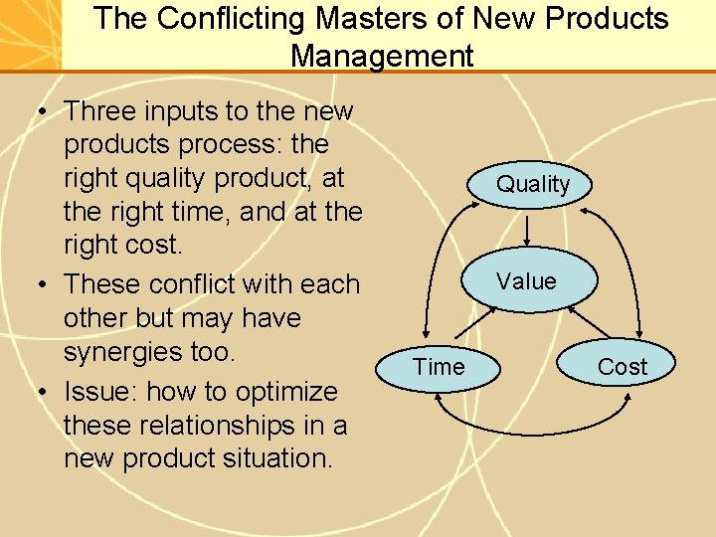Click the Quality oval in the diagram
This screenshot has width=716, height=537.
[533, 184]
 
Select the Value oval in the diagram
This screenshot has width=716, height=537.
[526, 281]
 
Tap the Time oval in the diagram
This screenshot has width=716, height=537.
[439, 367]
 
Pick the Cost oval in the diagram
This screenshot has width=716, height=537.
[622, 367]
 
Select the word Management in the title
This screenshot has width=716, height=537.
[382, 56]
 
